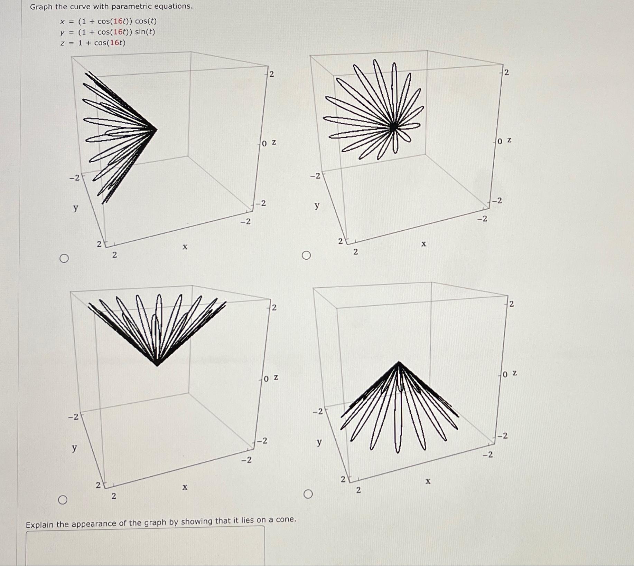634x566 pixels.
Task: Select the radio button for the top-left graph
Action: pos(64,258)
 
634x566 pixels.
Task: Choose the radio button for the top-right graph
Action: pos(306,256)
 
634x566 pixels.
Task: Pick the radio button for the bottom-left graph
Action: pos(63,500)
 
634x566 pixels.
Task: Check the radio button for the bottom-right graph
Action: pos(308,494)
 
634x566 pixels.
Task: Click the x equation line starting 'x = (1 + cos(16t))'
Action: pos(108,21)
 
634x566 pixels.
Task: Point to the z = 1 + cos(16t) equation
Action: pos(93,43)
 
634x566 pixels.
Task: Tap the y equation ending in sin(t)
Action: pos(108,32)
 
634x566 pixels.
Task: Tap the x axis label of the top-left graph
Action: pos(185,247)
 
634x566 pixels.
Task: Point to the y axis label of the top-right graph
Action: pos(317,205)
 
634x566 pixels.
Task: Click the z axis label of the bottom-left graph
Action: pos(276,377)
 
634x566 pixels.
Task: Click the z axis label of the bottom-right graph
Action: pos(514,373)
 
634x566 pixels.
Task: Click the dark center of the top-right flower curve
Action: pos(393,127)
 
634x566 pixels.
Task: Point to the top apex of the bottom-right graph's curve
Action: pos(399,362)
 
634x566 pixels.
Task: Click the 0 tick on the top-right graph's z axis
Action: pos(500,141)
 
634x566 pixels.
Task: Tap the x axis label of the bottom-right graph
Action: pos(428,481)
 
